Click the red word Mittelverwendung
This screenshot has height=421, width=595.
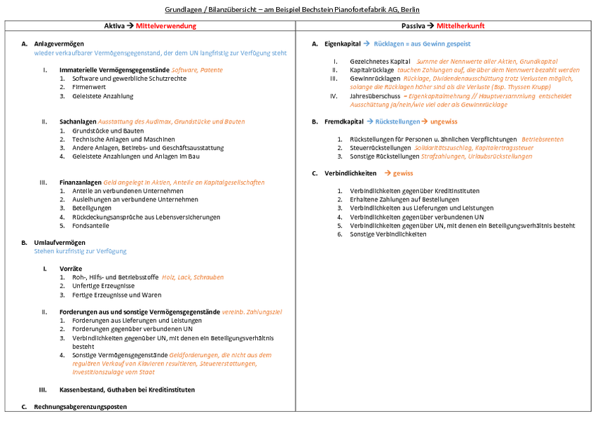tap(166, 26)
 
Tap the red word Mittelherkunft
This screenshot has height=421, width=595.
tap(460, 26)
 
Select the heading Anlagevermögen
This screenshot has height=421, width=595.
tap(59, 44)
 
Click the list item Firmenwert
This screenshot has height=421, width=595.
tap(89, 87)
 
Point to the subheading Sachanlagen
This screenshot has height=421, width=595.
tap(78, 121)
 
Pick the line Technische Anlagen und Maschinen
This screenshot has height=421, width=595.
tap(124, 140)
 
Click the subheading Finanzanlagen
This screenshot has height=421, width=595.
tap(81, 182)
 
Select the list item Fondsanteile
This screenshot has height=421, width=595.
tap(90, 226)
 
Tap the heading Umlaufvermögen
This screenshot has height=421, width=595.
tap(60, 243)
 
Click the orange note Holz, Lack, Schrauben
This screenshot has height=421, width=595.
tap(193, 277)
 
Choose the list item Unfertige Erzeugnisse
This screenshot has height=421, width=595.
tap(103, 286)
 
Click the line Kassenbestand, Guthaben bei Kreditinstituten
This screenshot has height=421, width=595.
tap(127, 390)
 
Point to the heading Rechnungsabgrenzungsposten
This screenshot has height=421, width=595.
tap(81, 407)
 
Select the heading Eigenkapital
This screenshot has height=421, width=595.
tap(342, 44)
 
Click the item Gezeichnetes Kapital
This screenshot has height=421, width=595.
tap(380, 62)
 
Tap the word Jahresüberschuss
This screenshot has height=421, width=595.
tap(375, 96)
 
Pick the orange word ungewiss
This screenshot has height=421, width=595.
tap(444, 121)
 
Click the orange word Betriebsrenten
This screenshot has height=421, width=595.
tap(542, 140)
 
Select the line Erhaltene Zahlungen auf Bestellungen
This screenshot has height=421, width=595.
tap(404, 199)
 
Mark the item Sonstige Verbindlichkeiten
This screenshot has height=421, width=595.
tap(388, 234)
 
